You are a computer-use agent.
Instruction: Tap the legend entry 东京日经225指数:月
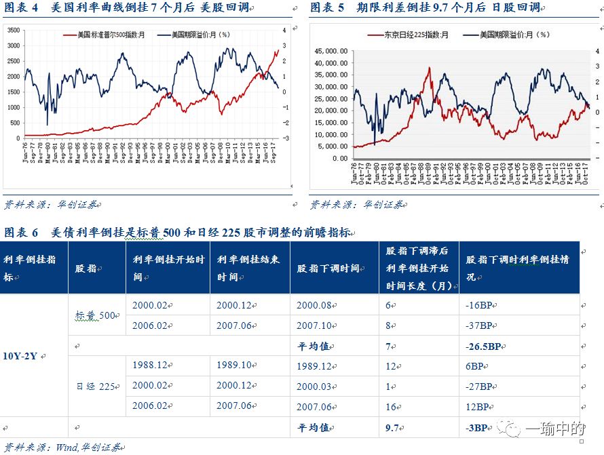point(408,34)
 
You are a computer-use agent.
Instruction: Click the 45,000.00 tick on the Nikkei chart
point(332,50)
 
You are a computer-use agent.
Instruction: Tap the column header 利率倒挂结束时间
point(248,268)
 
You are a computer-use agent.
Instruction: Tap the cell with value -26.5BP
point(484,346)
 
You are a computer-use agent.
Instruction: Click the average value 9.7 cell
point(393,428)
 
